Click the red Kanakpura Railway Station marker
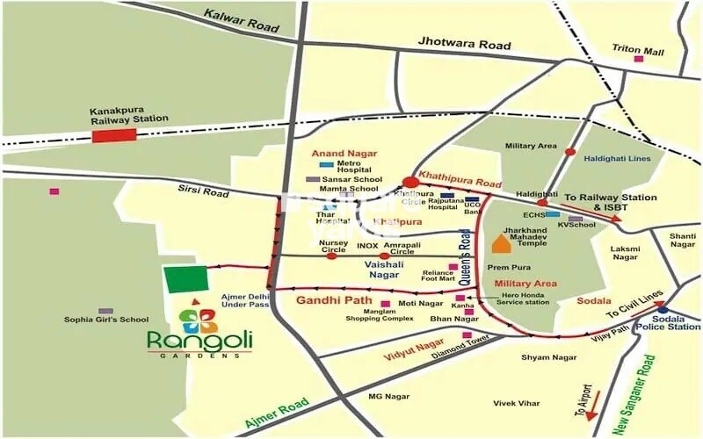point(114,135)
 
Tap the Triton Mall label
point(638,51)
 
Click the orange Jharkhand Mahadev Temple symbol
point(500,244)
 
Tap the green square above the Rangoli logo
point(186,279)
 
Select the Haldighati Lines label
point(616,158)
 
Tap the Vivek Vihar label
point(516,403)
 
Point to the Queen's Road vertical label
point(466,257)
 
